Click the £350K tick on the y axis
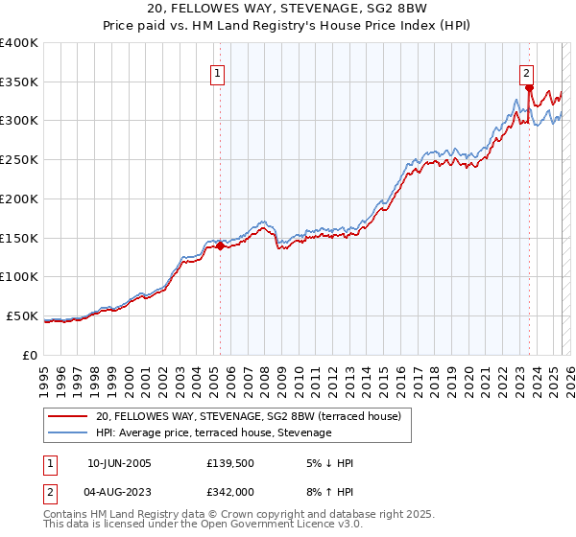[19, 82]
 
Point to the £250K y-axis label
[19, 159]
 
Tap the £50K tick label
[22, 315]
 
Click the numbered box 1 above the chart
[218, 72]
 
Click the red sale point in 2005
[220, 245]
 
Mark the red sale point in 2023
[529, 87]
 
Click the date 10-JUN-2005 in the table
[117, 463]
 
